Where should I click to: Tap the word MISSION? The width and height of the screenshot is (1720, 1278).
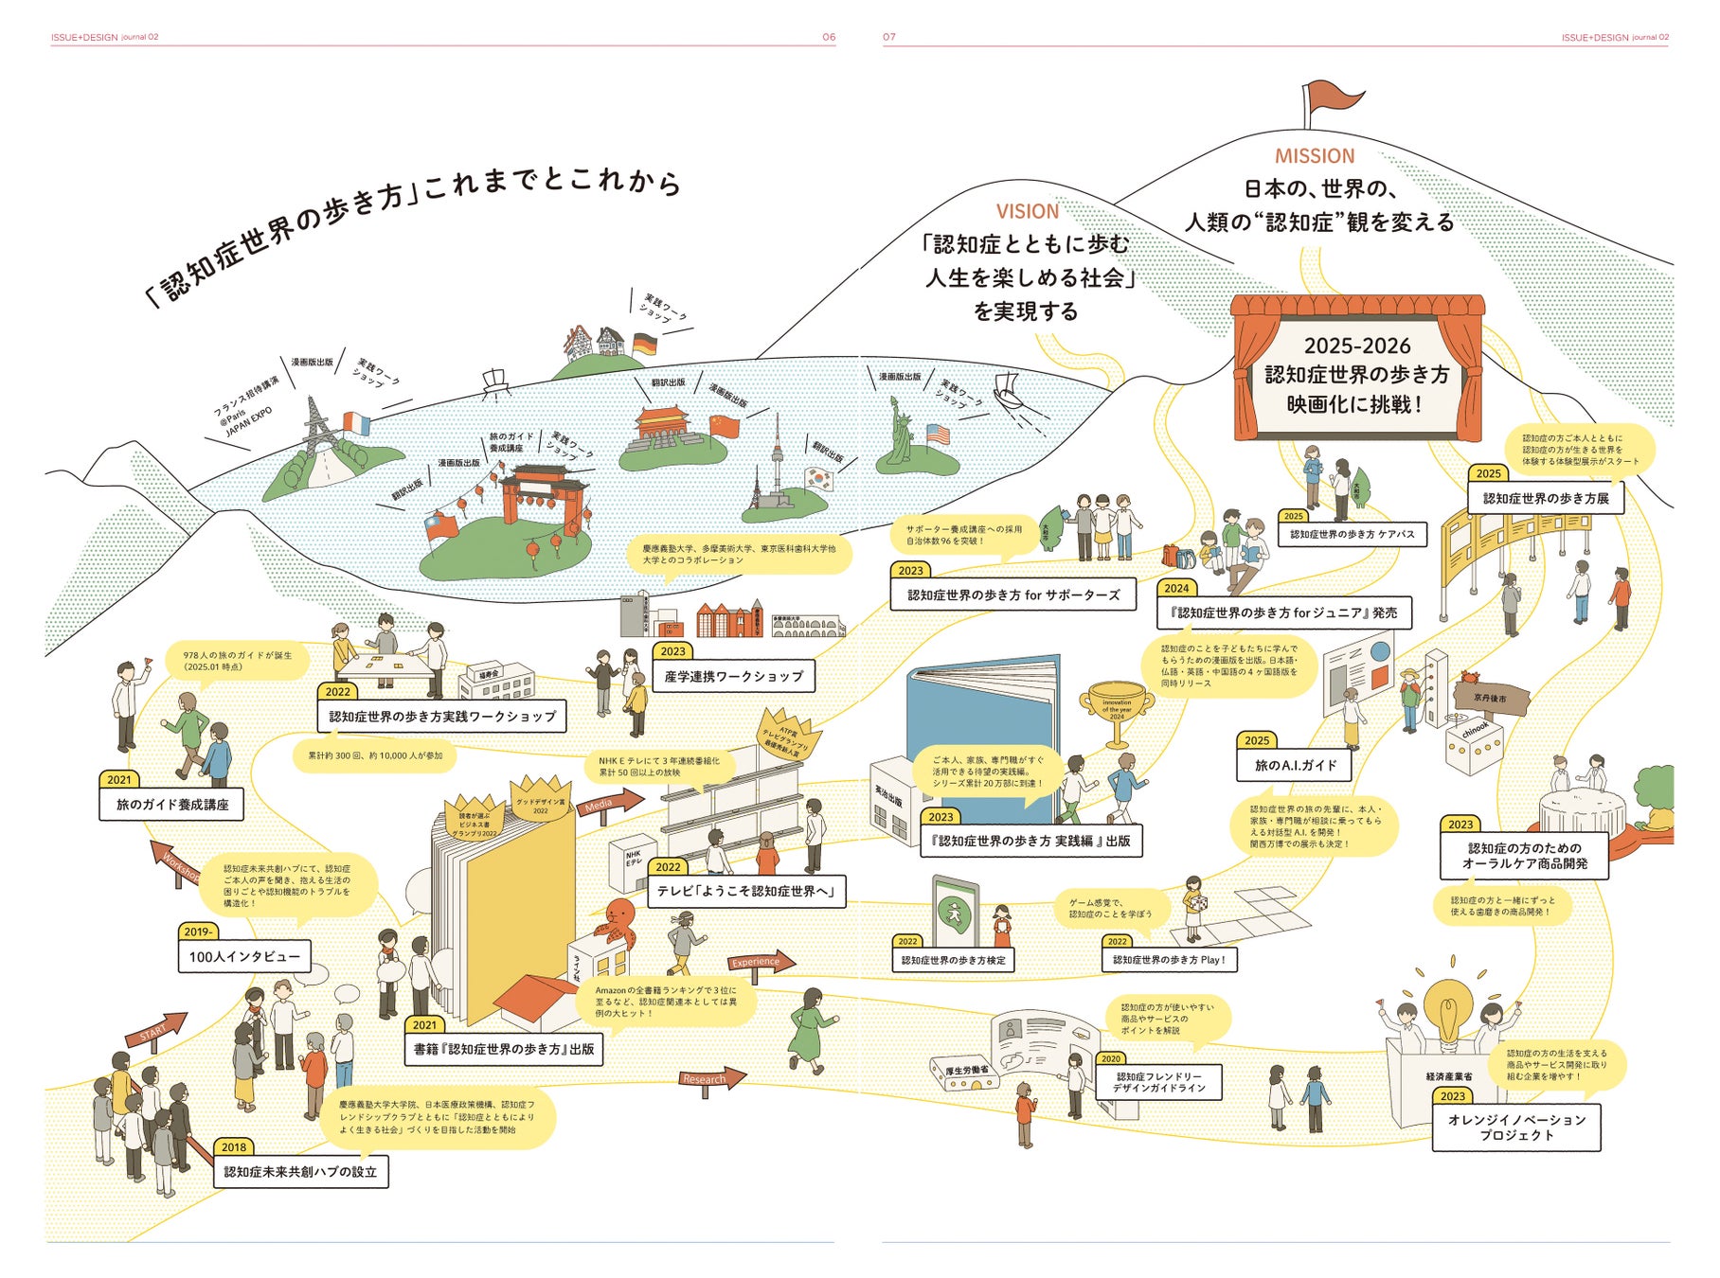(x=1314, y=156)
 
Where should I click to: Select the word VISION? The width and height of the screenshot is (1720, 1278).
(x=1027, y=211)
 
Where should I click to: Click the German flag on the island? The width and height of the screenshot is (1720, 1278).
(x=644, y=345)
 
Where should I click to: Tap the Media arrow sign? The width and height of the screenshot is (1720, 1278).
(x=606, y=806)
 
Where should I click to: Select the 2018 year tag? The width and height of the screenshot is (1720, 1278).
(x=233, y=1147)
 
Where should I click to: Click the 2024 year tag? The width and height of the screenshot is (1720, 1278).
(x=1176, y=588)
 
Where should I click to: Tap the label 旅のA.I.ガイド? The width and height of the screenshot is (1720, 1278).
(x=1295, y=765)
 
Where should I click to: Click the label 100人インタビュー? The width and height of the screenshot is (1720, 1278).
(x=244, y=957)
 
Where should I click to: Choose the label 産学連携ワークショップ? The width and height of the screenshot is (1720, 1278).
(x=733, y=676)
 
